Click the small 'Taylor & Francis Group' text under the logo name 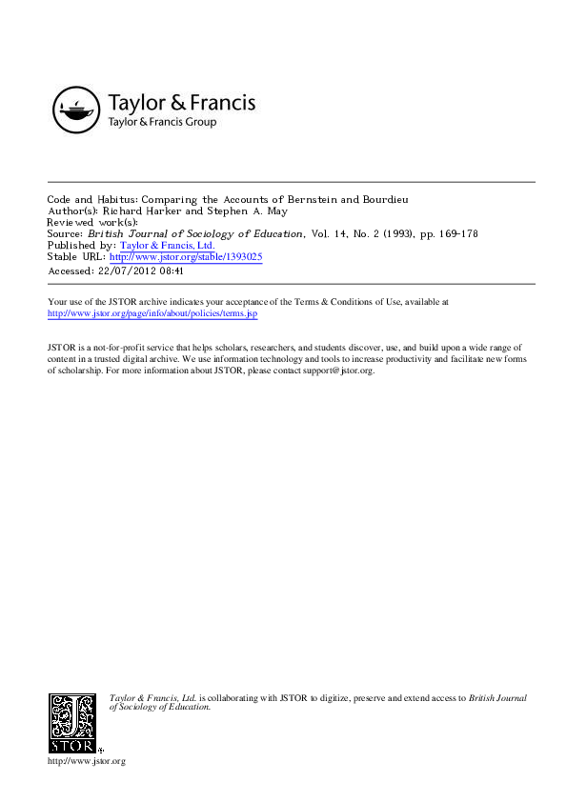pyautogui.click(x=162, y=123)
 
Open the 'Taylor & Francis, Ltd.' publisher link pyautogui.click(x=167, y=245)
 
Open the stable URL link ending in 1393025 pyautogui.click(x=186, y=256)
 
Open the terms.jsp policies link pyautogui.click(x=152, y=313)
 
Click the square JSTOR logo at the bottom pyautogui.click(x=73, y=721)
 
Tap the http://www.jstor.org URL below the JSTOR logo pyautogui.click(x=86, y=761)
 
